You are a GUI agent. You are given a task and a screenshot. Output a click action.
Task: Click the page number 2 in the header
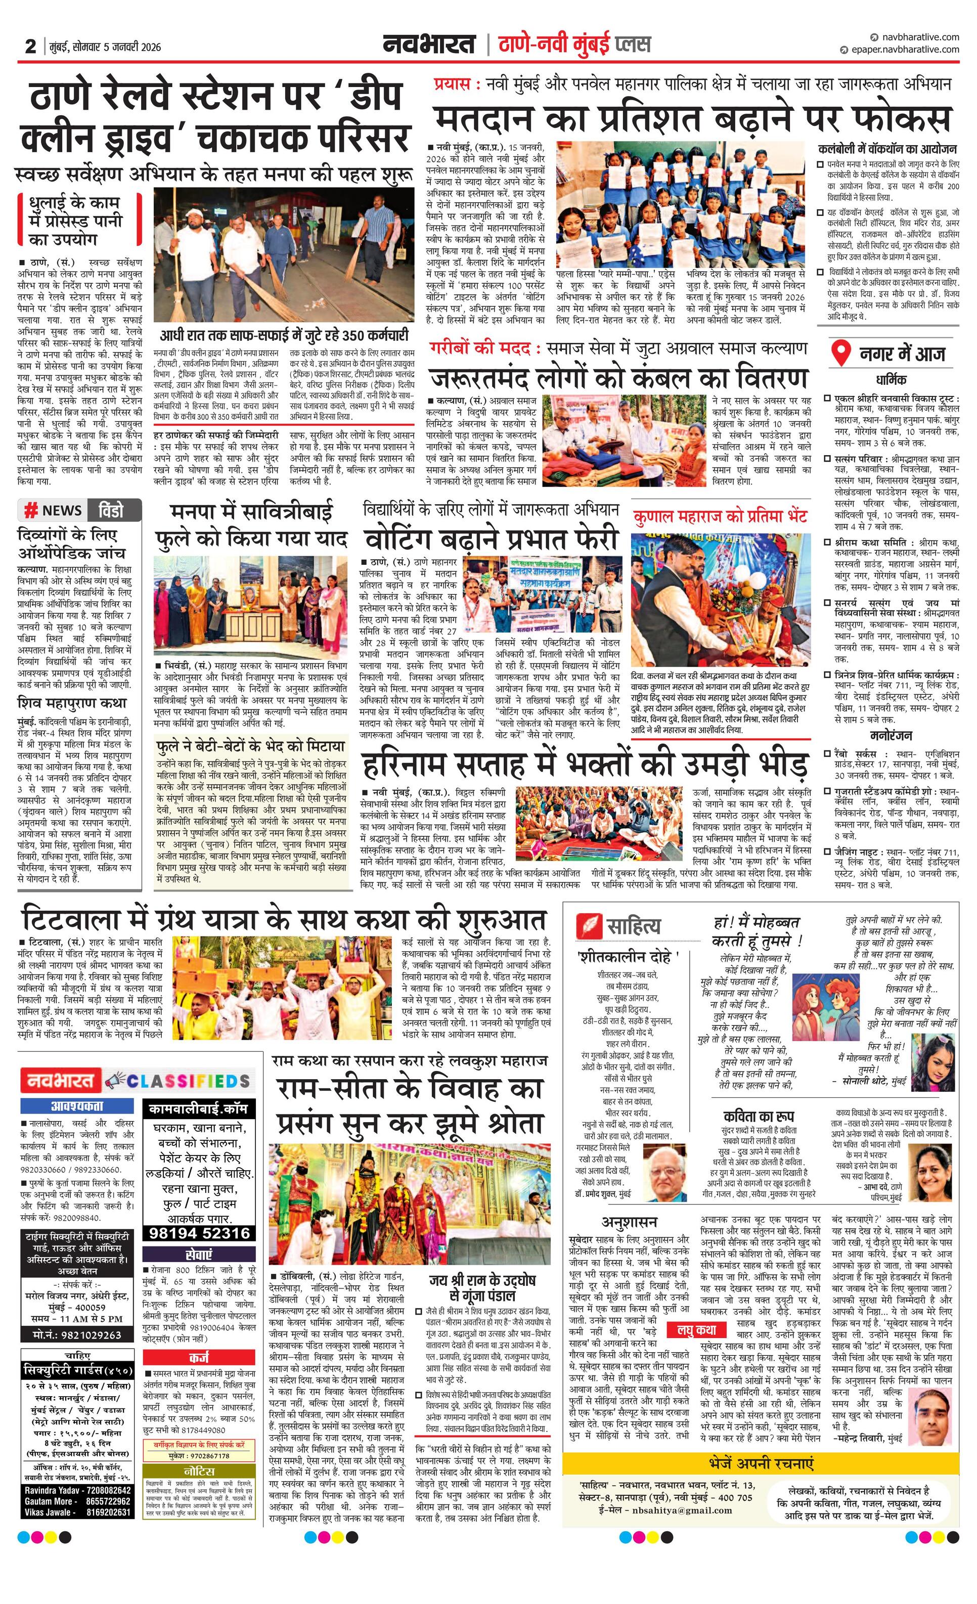pyautogui.click(x=30, y=46)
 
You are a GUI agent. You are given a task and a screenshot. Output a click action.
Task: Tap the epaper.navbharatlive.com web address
pyautogui.click(x=904, y=50)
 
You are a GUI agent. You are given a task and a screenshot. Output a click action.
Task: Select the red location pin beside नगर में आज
pyautogui.click(x=842, y=354)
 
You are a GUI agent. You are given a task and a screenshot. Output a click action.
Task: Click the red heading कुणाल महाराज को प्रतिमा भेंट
pyautogui.click(x=720, y=517)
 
